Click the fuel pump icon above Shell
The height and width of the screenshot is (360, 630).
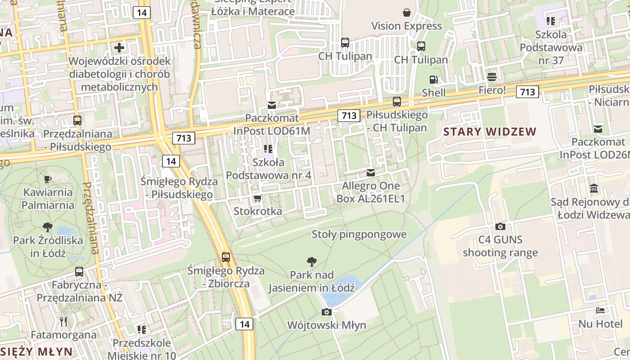(x=433, y=80)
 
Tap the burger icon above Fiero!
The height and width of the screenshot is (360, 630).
(x=492, y=76)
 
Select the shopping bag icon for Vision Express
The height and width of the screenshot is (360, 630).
(x=407, y=12)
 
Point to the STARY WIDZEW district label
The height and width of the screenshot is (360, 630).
(x=490, y=132)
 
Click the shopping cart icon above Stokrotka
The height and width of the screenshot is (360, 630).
(x=257, y=198)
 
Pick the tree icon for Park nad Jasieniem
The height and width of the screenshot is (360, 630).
(x=311, y=261)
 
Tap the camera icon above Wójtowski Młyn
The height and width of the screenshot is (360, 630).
(x=327, y=312)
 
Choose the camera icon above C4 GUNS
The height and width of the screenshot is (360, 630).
(x=500, y=226)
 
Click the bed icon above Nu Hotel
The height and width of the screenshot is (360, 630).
(x=600, y=310)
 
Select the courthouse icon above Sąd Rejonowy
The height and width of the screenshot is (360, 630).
(x=594, y=188)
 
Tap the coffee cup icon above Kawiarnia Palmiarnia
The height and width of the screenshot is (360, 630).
(x=48, y=179)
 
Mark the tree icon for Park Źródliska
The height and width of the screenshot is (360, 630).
(x=48, y=227)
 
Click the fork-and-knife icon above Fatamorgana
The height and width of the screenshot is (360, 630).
(x=63, y=321)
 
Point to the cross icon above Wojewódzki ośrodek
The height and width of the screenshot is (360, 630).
(x=119, y=47)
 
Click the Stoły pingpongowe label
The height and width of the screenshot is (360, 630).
(x=359, y=234)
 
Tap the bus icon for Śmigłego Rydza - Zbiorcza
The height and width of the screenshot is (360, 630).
(x=226, y=257)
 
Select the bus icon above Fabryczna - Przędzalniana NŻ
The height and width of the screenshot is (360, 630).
(x=79, y=271)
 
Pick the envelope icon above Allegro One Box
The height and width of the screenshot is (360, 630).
(x=370, y=172)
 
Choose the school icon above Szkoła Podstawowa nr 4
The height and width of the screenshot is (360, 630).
(x=269, y=148)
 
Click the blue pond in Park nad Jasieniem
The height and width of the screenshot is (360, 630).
(x=335, y=285)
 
